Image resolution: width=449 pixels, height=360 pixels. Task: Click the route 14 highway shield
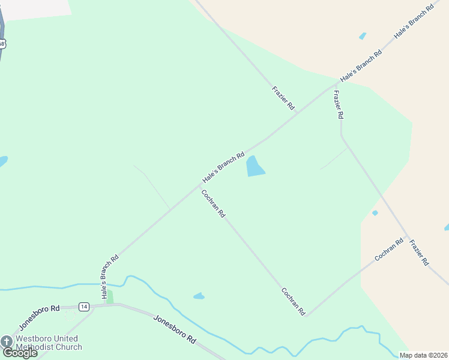coord(83,307)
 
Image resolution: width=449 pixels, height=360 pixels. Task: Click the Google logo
coord(20,353)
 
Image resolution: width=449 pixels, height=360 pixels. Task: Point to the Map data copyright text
coord(424,355)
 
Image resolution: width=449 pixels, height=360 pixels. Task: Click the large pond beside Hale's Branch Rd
coord(255,167)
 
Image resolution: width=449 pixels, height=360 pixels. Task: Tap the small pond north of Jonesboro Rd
coord(199,296)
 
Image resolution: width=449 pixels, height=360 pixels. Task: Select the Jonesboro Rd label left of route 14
coord(39,317)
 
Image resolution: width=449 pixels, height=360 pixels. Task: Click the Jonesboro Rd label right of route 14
coord(175,329)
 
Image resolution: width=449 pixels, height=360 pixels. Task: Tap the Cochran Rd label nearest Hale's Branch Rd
coord(213,203)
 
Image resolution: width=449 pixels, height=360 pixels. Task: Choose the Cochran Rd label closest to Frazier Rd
coord(389,249)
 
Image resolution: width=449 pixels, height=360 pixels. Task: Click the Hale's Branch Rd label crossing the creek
coord(110,277)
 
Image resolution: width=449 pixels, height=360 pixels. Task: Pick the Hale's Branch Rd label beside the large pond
coord(223,167)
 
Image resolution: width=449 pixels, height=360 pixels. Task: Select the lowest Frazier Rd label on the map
coord(418,252)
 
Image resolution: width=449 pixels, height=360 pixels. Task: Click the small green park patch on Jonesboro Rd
coord(109,297)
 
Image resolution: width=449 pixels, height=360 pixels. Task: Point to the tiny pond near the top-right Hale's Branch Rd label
coord(363,37)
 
